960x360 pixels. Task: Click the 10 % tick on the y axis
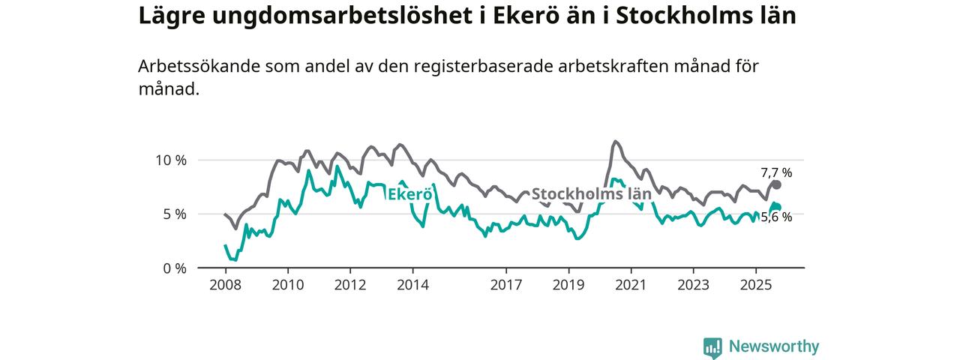(170, 160)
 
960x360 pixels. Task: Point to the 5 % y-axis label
(174, 214)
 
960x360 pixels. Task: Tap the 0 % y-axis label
(174, 268)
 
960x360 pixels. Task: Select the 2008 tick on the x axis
(226, 285)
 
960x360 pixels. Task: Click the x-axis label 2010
(288, 285)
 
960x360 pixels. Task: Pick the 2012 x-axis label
(350, 285)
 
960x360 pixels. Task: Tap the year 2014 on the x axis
(412, 285)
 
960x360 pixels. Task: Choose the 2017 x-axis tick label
(506, 285)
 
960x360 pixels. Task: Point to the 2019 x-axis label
(568, 285)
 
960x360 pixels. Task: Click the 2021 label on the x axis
(631, 285)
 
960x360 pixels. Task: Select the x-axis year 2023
(693, 285)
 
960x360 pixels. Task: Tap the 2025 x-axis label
(755, 285)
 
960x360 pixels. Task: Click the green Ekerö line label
(409, 194)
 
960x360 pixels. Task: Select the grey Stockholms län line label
(591, 193)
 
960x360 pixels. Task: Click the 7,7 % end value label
(776, 172)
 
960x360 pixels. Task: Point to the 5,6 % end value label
(776, 217)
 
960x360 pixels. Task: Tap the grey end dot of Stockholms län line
(777, 184)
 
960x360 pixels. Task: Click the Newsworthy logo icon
(712, 346)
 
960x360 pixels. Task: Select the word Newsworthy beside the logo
(774, 346)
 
